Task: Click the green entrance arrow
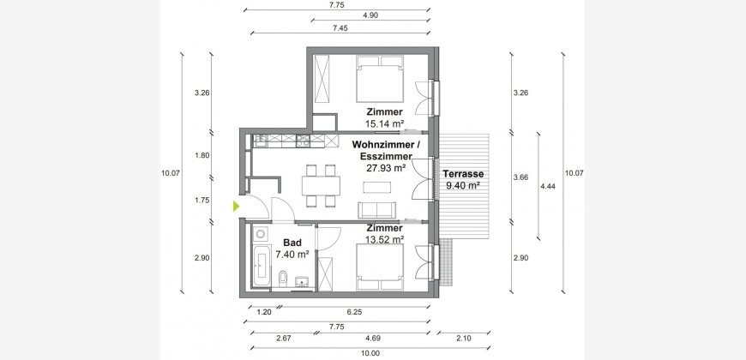236,206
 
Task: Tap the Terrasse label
463,174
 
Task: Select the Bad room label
292,243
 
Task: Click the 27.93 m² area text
385,167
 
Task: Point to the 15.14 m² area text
384,124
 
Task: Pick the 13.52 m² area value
384,239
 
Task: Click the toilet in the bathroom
283,278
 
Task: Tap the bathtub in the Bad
262,266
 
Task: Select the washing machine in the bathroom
261,233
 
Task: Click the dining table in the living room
322,185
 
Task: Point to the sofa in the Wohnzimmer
376,210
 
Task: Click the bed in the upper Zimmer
380,79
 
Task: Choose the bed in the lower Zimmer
380,267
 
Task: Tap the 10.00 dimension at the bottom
370,353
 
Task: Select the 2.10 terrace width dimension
463,339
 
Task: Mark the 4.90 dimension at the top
370,15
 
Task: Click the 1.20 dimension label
264,313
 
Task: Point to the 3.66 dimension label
522,178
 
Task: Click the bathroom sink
302,282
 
